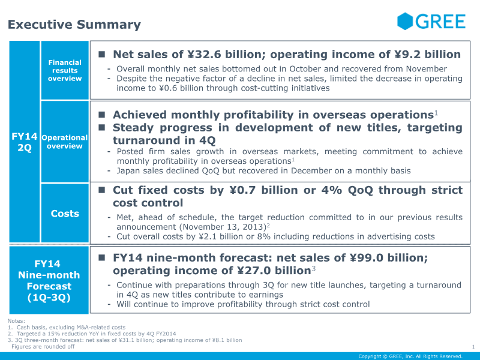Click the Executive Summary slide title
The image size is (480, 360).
[x=74, y=25]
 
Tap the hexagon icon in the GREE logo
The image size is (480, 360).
[x=406, y=22]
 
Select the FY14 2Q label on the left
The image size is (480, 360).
[x=25, y=142]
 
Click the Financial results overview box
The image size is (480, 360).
[x=65, y=70]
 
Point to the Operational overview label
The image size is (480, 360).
[x=65, y=142]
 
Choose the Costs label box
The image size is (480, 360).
[x=65, y=214]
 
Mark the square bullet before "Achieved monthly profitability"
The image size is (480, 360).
[x=102, y=115]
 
